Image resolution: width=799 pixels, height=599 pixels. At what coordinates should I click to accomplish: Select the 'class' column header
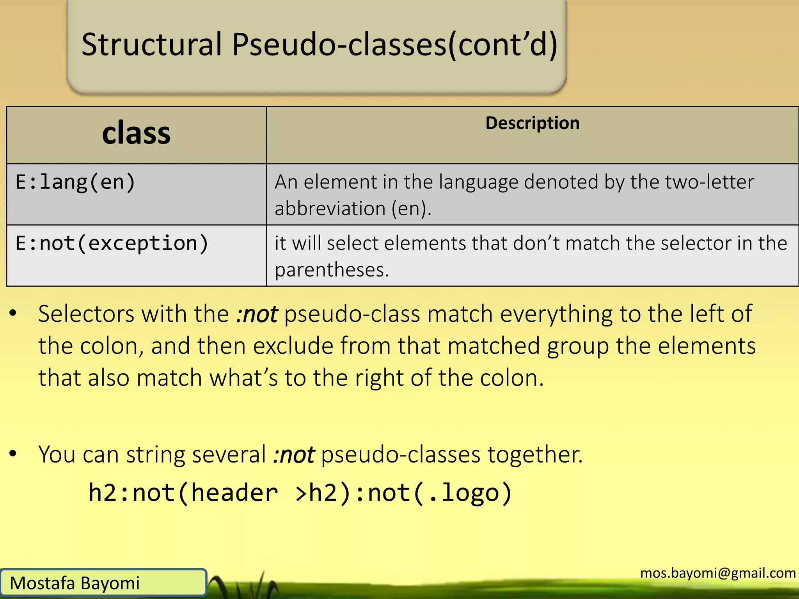[x=136, y=133]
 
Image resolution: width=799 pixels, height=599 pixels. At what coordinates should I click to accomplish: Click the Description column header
[x=532, y=123]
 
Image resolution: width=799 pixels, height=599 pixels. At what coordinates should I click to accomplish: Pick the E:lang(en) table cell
[x=75, y=182]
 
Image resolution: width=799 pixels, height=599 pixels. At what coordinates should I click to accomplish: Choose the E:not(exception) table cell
[x=112, y=243]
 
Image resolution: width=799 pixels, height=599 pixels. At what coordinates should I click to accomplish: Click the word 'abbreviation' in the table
[x=330, y=208]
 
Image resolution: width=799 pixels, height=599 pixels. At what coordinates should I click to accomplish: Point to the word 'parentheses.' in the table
[x=332, y=270]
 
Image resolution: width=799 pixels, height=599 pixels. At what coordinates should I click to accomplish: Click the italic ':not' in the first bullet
[x=257, y=314]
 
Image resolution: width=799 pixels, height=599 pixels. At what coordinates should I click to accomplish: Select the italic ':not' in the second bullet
[x=293, y=455]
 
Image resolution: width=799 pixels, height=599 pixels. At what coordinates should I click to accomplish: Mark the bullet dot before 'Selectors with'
[x=13, y=313]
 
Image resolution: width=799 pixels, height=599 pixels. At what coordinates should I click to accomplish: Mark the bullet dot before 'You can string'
[x=13, y=454]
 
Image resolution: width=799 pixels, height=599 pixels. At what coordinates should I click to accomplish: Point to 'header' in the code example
[x=234, y=493]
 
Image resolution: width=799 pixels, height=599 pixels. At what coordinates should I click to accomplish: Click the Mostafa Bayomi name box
[x=103, y=583]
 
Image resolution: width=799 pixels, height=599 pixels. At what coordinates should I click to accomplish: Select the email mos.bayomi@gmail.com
[x=718, y=573]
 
